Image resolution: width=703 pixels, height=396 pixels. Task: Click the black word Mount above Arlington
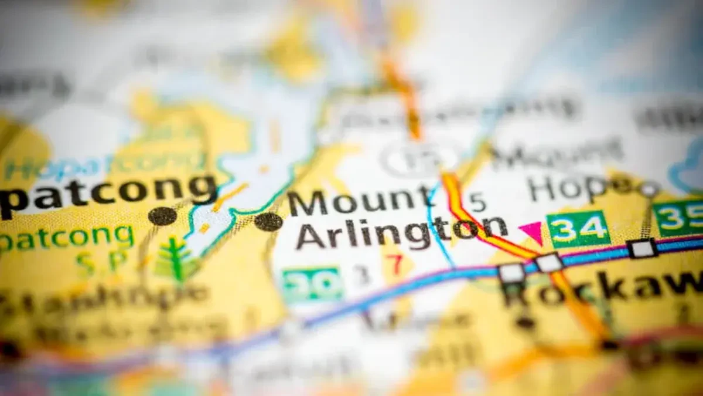[x=360, y=202]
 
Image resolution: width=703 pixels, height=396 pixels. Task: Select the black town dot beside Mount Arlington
[x=268, y=221]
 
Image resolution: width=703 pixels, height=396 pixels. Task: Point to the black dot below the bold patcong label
[x=162, y=216]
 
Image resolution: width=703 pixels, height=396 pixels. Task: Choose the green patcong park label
[x=67, y=238]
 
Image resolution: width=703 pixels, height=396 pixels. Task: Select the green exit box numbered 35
[x=680, y=218]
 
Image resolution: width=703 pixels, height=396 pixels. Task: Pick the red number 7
[x=397, y=265]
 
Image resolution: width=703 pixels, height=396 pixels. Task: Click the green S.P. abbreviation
[x=97, y=262]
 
